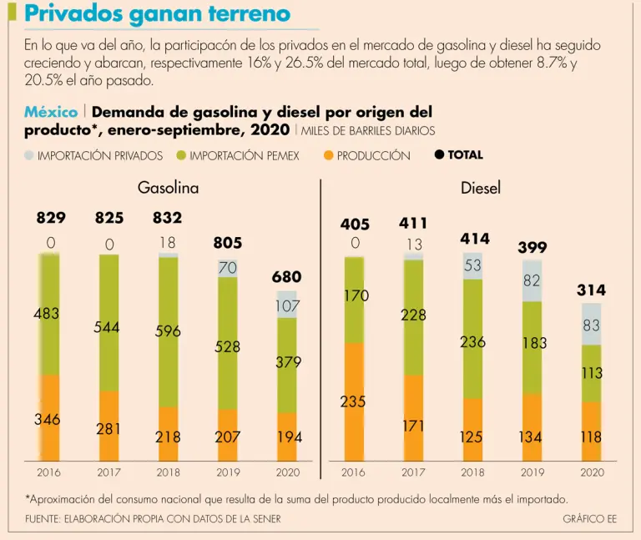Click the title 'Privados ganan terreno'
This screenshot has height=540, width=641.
point(157,14)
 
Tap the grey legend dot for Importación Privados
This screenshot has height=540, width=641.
point(29,155)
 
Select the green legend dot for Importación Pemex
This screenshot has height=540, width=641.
point(181,155)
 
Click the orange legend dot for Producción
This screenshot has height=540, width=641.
point(328,155)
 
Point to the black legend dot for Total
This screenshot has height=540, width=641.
point(440,154)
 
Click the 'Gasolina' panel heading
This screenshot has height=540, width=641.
point(168,188)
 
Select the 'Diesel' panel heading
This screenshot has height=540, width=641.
point(481,188)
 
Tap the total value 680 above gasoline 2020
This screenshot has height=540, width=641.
point(286,276)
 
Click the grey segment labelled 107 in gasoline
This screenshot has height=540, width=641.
point(286,305)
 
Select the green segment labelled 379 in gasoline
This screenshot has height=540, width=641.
point(286,363)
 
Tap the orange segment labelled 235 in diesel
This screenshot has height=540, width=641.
point(353,401)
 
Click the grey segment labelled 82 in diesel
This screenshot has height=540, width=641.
point(532,281)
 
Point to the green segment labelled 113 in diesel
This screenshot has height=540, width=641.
point(592,373)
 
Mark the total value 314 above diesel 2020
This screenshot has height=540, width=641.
point(591,290)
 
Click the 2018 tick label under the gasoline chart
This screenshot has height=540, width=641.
point(168,472)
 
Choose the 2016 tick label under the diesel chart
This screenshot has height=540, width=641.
point(353,472)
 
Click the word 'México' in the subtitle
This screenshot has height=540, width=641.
point(51,113)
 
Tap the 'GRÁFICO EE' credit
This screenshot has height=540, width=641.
point(589,518)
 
